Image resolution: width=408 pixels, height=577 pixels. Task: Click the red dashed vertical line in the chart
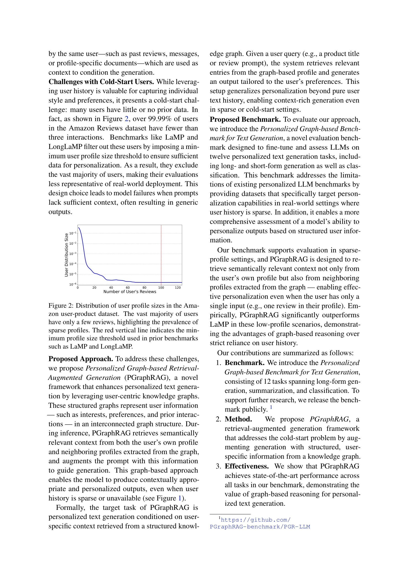(x=161, y=254)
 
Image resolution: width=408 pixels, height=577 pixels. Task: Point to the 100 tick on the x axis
(x=161, y=288)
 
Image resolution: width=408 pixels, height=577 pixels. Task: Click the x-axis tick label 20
(x=94, y=288)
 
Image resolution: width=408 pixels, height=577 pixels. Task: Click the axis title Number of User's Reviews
(x=130, y=292)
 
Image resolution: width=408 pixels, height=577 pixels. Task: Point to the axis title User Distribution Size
(x=66, y=255)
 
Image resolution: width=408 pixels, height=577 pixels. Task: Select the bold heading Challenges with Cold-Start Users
(x=101, y=82)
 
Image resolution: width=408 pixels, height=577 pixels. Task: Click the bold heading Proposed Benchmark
(x=245, y=120)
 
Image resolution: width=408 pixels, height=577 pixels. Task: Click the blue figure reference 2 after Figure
(x=127, y=119)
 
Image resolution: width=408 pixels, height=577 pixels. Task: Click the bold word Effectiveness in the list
(x=246, y=466)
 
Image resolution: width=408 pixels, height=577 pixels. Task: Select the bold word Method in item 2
(x=238, y=419)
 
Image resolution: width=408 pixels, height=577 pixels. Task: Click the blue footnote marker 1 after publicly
(x=271, y=407)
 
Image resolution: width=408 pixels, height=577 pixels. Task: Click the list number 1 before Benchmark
(x=218, y=363)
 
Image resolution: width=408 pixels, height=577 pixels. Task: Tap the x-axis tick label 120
(x=178, y=288)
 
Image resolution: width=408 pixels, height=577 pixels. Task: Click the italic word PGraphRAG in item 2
(x=329, y=419)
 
